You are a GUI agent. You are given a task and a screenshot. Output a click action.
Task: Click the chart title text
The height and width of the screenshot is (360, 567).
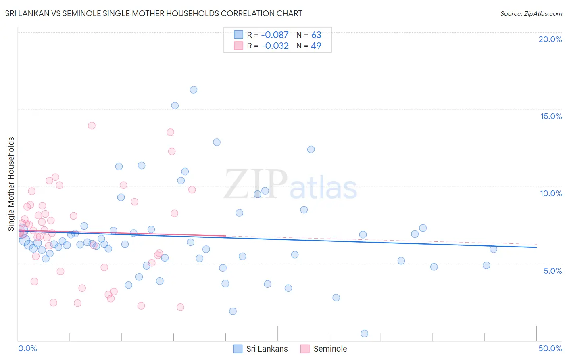[x=154, y=13]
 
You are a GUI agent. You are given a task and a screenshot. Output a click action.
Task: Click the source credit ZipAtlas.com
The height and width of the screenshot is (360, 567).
[x=531, y=13]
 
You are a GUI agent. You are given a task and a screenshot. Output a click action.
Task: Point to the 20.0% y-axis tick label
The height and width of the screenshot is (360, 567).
[x=550, y=39]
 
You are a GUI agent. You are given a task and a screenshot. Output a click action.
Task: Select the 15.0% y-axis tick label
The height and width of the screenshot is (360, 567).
[x=551, y=116]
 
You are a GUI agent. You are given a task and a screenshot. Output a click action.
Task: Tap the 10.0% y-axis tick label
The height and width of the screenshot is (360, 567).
[x=551, y=193]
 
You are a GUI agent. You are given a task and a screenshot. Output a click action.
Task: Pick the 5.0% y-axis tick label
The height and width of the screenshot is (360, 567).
[x=552, y=271]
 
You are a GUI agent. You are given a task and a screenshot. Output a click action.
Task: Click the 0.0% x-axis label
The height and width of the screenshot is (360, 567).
[x=27, y=348]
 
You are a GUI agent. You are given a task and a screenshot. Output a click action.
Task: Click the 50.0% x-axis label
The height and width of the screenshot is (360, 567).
[x=550, y=348]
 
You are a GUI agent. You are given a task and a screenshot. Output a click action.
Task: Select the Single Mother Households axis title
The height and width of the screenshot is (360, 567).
[x=11, y=184]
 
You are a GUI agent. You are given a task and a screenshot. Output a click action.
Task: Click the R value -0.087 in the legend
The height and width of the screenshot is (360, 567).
[x=275, y=35]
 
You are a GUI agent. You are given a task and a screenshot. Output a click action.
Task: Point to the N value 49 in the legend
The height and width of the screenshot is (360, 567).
[x=316, y=46]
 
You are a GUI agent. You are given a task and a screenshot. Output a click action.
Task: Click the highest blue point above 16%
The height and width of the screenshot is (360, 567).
[x=194, y=90]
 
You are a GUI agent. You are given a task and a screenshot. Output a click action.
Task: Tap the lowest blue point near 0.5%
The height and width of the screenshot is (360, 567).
[x=365, y=333]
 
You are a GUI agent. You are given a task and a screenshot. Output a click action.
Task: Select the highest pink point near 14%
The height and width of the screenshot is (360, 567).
[x=92, y=126]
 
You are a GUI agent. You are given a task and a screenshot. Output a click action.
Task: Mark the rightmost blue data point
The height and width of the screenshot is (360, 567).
[x=494, y=249]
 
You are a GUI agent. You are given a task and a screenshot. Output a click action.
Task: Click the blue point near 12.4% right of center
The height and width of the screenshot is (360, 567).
[x=311, y=149]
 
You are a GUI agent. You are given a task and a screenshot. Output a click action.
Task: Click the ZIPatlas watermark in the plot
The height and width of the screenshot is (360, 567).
[x=290, y=184]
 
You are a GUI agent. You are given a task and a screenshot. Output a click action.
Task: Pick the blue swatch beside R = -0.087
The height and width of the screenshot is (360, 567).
[x=239, y=35]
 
